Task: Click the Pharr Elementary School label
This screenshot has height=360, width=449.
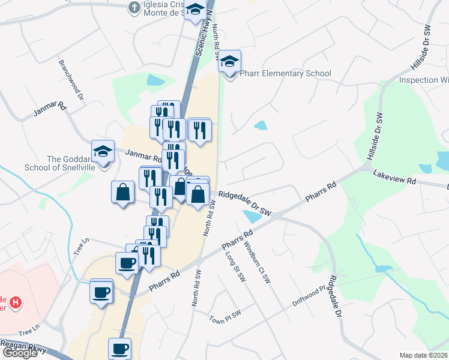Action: coord(285,74)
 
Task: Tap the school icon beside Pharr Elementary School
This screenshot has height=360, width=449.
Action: coord(229,61)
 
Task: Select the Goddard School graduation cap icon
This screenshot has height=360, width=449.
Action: coord(103,151)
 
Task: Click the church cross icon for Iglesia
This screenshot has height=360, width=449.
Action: coord(134,8)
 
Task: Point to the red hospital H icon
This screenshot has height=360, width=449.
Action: coord(16,304)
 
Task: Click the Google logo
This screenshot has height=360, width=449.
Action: coord(19,352)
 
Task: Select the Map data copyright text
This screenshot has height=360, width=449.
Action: coord(423,355)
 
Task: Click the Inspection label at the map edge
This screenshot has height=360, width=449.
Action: coord(424,80)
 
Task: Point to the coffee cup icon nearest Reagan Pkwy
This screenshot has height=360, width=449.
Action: coord(119,348)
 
